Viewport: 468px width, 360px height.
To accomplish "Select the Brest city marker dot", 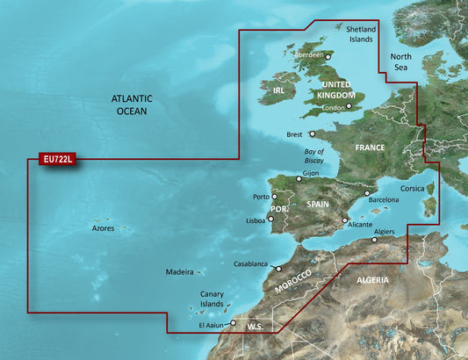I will point(313,134).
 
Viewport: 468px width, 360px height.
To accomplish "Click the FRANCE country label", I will point(370,148).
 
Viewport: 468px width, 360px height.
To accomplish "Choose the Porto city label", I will point(261,197).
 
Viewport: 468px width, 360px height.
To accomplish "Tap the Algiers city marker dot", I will point(373,238).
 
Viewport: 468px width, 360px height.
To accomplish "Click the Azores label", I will point(103,228).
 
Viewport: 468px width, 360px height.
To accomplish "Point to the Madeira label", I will point(180,272).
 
